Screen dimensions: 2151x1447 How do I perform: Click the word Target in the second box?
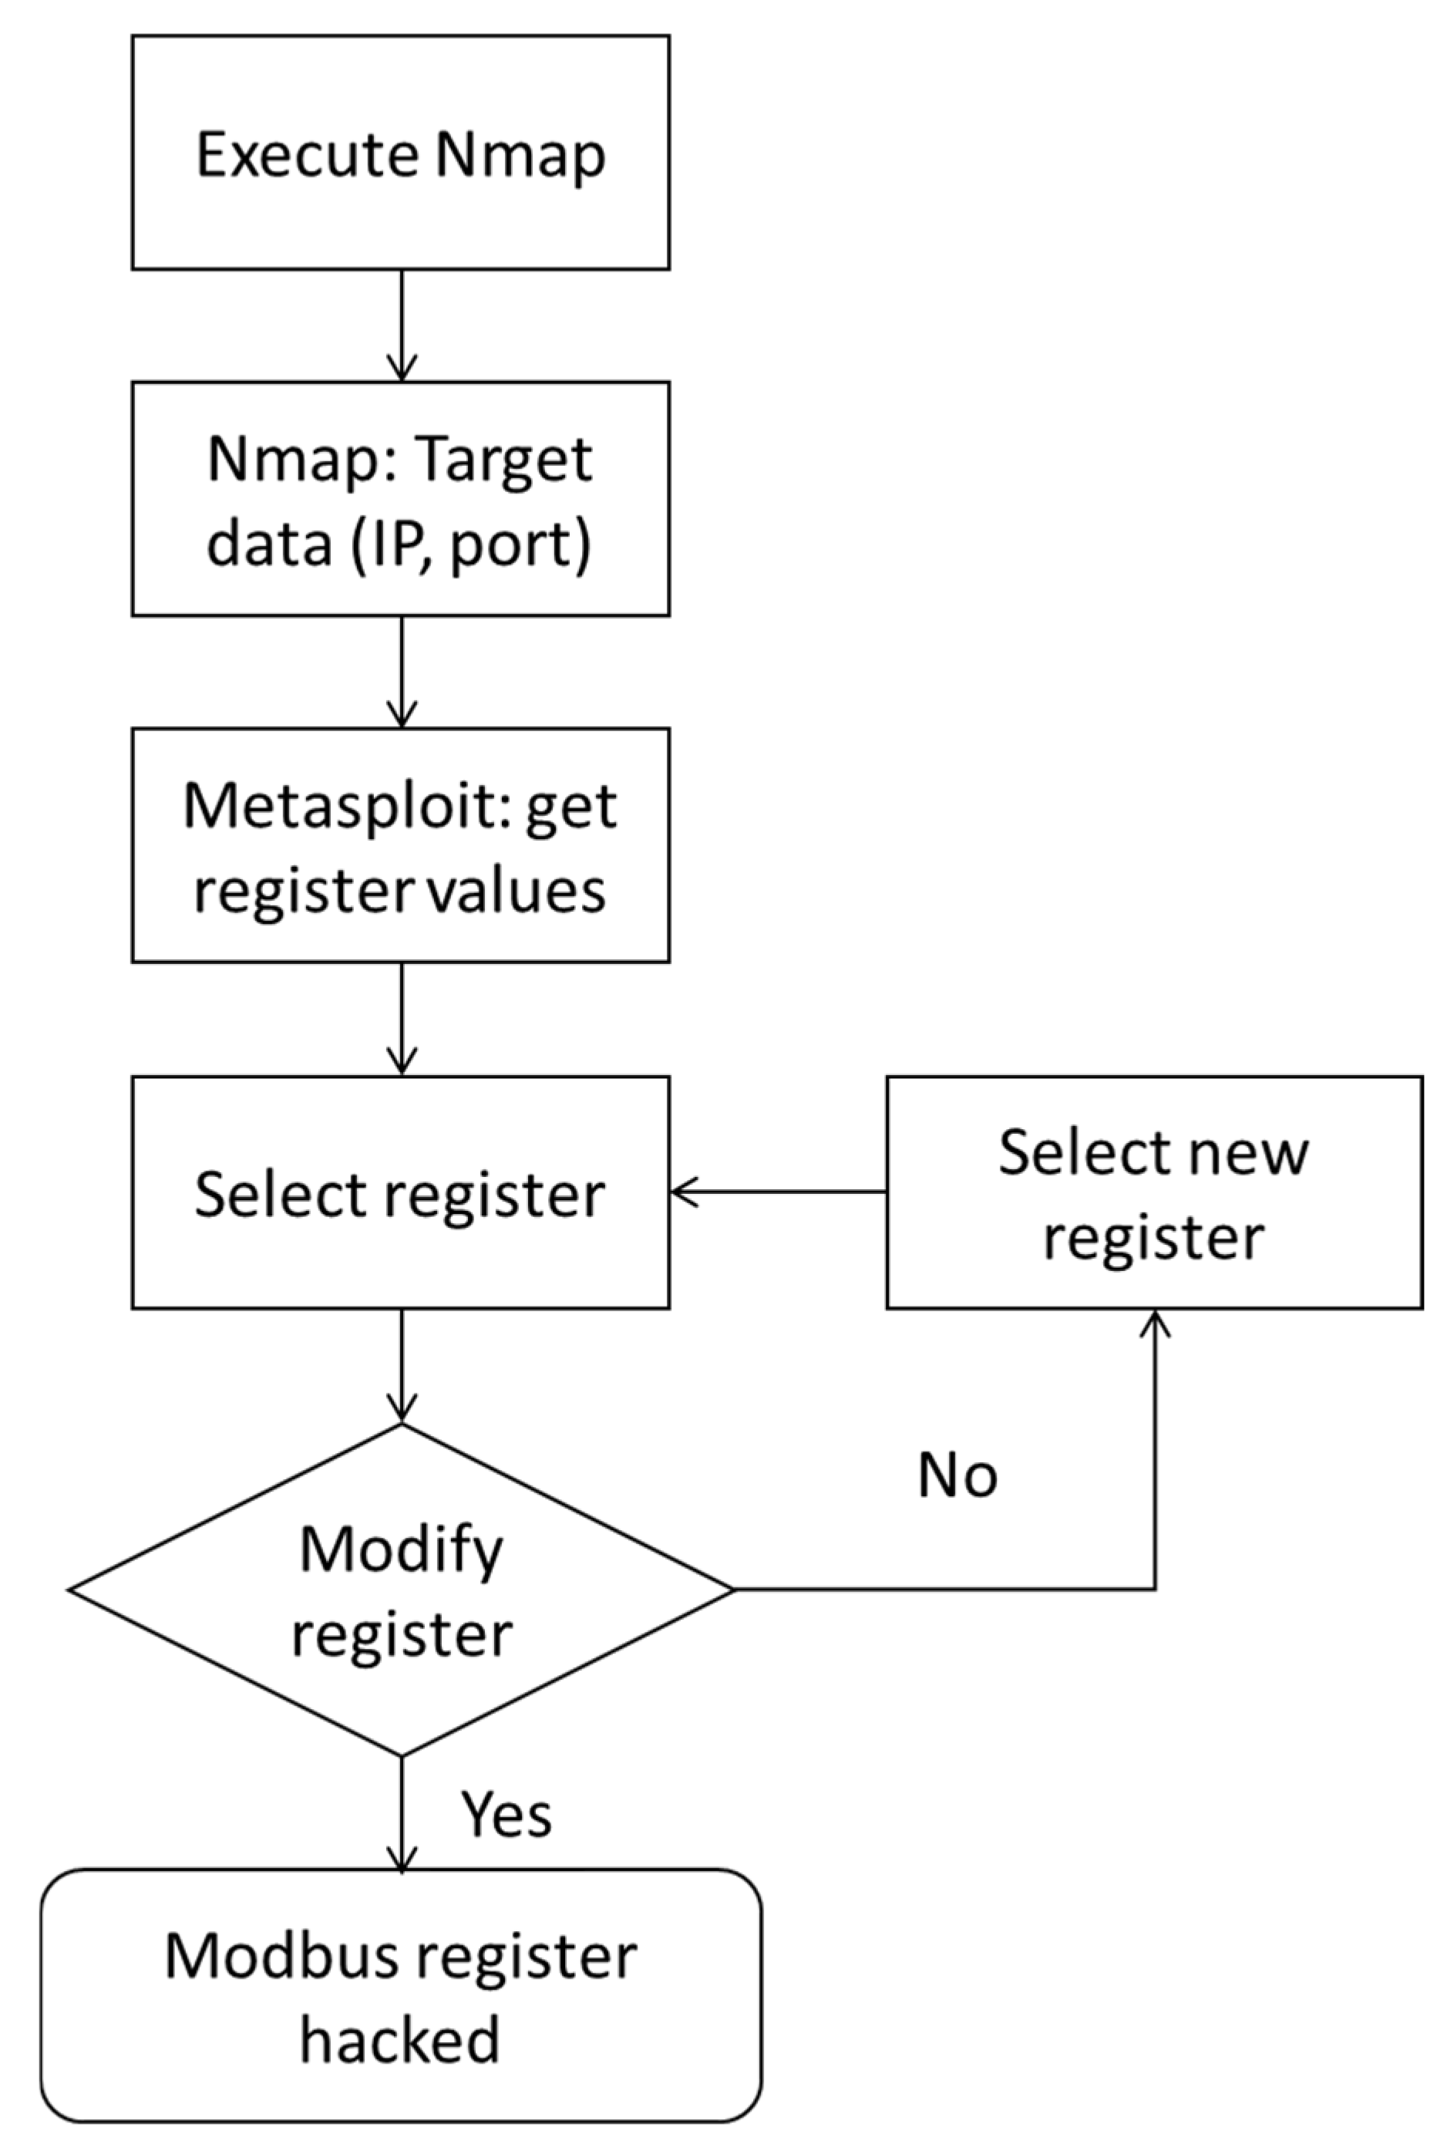click(502, 459)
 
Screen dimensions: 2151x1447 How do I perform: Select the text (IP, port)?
click(471, 544)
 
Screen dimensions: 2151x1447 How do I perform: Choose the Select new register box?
click(1153, 1193)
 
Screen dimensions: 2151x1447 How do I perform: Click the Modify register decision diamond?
click(401, 1590)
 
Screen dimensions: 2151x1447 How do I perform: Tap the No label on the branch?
click(957, 1475)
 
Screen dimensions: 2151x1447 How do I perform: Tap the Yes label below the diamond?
click(506, 1813)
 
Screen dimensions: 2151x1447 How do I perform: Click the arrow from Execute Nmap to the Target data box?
click(402, 323)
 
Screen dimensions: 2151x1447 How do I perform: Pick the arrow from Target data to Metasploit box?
click(402, 670)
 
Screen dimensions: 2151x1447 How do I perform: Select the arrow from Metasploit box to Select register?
click(402, 1017)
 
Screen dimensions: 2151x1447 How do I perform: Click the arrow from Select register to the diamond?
click(402, 1364)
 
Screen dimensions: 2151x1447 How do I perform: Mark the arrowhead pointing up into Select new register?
click(1155, 1322)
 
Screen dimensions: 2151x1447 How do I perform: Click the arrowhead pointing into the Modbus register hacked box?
click(402, 1859)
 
